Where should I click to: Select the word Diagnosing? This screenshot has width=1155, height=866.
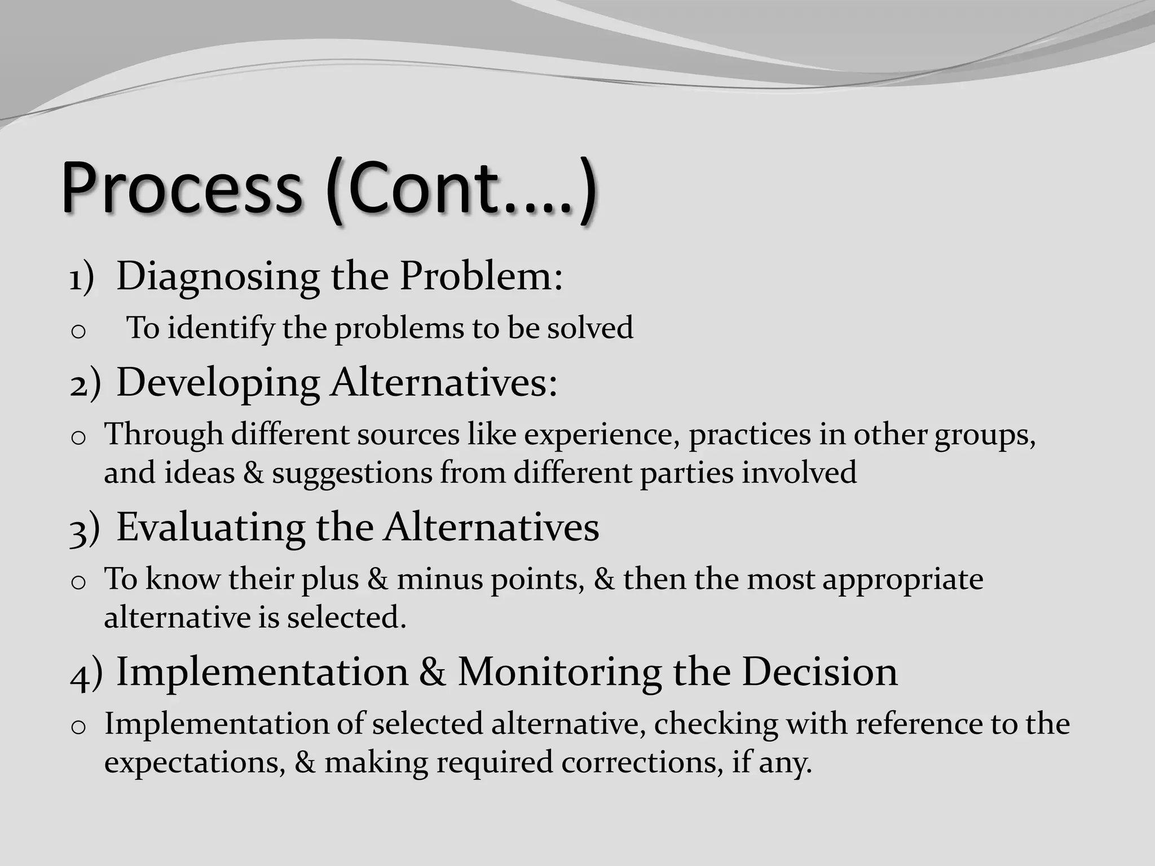tap(218, 277)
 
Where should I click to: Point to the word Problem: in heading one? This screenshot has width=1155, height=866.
tap(481, 276)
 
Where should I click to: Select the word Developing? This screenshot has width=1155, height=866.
tap(218, 383)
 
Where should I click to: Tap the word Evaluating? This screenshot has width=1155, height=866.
tap(210, 529)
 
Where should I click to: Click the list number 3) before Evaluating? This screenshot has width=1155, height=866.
tap(85, 531)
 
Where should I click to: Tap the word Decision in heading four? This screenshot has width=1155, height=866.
tap(819, 672)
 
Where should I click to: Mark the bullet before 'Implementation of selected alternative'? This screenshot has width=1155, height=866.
tap(78, 727)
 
